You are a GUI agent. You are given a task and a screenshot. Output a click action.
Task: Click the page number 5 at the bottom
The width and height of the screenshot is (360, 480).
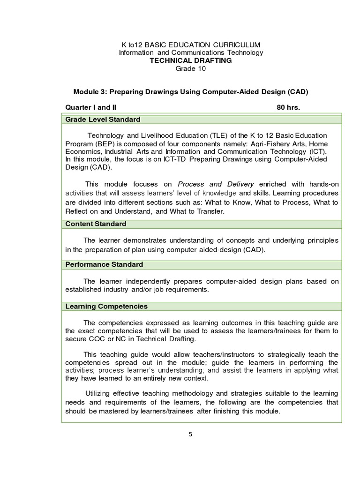point(190,434)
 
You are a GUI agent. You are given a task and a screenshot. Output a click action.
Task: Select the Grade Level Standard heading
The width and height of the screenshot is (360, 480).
point(103,120)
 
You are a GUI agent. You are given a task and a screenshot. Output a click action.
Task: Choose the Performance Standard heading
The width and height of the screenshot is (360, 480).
point(104,264)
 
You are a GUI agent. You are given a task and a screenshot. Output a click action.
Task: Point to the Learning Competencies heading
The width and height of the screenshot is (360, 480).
point(106,306)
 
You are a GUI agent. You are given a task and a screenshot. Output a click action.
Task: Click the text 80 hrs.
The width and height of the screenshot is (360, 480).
point(288,107)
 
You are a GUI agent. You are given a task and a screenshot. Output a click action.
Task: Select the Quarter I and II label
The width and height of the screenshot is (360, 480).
point(90,107)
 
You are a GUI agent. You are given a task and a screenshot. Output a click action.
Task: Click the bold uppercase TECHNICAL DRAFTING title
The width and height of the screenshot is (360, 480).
point(191,60)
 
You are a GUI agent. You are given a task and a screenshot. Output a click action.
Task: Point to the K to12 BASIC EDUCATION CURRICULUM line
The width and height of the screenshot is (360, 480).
point(191,45)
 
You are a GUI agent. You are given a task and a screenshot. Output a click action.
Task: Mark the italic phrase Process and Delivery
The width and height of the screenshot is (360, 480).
point(216,184)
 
